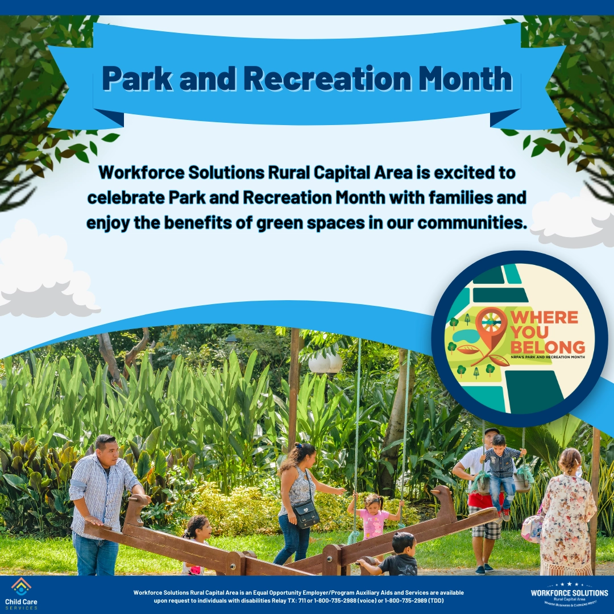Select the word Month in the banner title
(x=466, y=78)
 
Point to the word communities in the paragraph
(x=468, y=222)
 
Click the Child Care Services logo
(x=21, y=594)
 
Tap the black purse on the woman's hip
(x=306, y=515)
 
